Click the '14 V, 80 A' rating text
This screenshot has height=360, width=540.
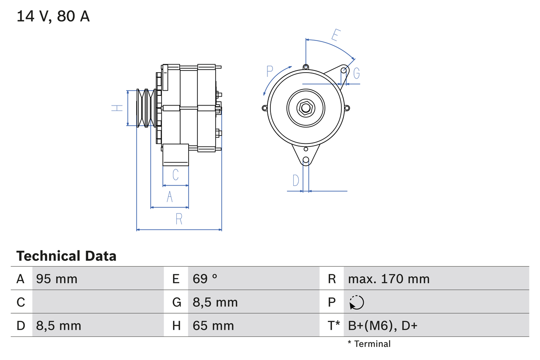[x=53, y=16]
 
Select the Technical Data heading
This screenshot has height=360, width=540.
[x=66, y=256]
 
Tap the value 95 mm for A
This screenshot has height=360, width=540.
[x=57, y=279]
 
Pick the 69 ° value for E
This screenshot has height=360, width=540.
[x=205, y=279]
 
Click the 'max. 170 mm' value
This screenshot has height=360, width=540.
[x=389, y=279]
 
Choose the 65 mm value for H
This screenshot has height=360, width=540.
[x=213, y=325]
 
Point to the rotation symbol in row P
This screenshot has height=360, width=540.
[x=356, y=302]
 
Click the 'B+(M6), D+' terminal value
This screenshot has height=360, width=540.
[x=382, y=325]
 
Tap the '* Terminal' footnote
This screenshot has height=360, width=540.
[x=369, y=344]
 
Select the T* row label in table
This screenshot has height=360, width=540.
[x=334, y=325]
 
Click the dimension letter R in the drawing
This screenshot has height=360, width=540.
[x=179, y=219]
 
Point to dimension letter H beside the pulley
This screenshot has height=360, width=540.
[x=117, y=108]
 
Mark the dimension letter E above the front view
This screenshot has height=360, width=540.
[x=335, y=35]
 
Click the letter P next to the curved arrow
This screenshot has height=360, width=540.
[x=270, y=71]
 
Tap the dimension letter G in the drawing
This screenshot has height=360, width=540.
[x=356, y=73]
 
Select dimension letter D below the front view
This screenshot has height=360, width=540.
[x=296, y=180]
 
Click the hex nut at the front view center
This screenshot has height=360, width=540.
[x=305, y=108]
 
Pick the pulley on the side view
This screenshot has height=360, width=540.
[x=146, y=108]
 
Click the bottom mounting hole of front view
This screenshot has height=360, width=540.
[x=306, y=160]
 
